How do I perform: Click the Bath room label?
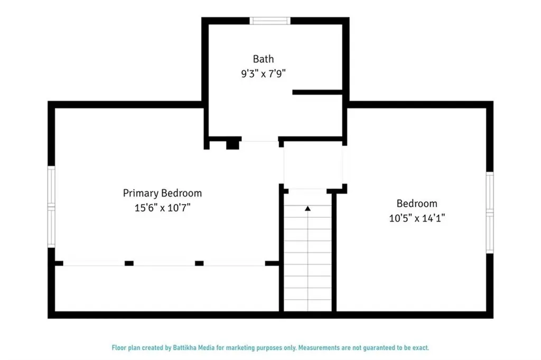(x=263, y=59)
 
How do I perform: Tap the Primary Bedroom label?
(x=162, y=193)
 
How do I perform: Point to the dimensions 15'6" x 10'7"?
(x=162, y=208)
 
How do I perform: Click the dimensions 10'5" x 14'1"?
(x=417, y=217)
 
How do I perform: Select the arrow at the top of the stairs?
(x=307, y=209)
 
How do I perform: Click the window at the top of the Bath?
(x=270, y=21)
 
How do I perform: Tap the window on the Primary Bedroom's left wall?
(x=51, y=206)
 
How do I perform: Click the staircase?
(x=307, y=254)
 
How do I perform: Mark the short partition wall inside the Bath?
(x=318, y=92)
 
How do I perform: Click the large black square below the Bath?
(x=232, y=144)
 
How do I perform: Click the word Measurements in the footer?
(x=320, y=348)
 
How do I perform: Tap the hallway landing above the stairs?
(x=313, y=164)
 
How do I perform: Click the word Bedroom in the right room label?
(x=417, y=204)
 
